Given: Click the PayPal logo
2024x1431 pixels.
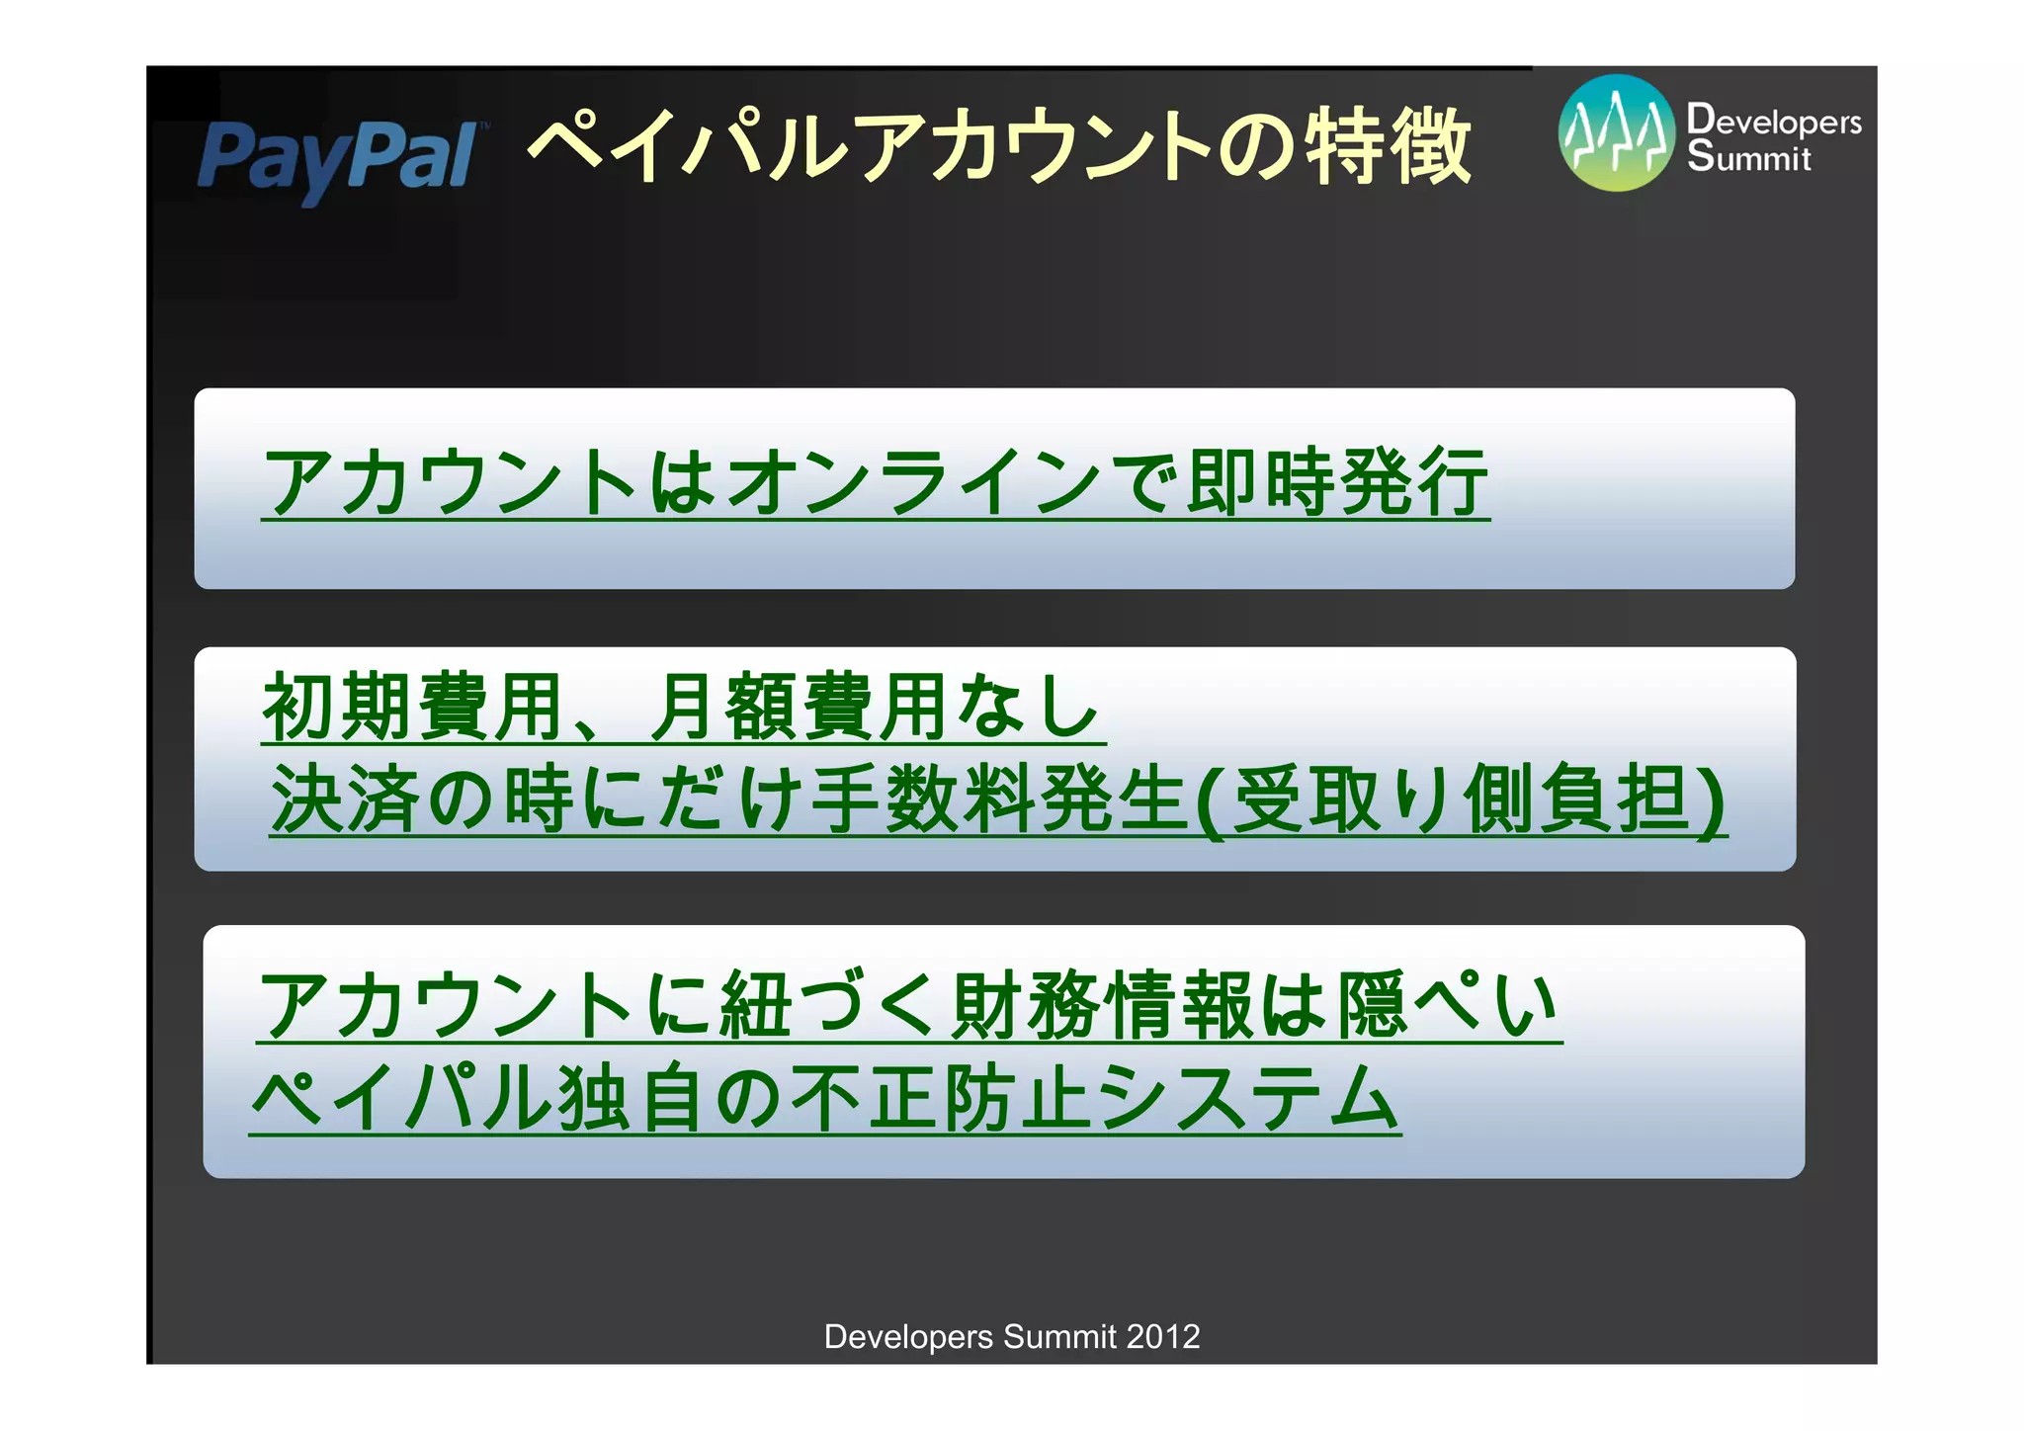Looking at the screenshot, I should [x=337, y=159].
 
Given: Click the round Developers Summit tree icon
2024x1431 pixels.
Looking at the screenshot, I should [x=1617, y=133].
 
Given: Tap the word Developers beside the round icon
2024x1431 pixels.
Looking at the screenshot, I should [x=1774, y=121].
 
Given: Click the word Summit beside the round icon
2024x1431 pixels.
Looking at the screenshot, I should [x=1748, y=158].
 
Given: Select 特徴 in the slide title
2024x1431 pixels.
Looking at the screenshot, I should [x=1389, y=146].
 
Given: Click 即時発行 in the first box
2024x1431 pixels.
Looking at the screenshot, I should [x=1338, y=482].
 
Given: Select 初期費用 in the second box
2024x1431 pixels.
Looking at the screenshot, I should [x=414, y=707].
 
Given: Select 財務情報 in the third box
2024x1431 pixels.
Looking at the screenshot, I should [x=1103, y=1005].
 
